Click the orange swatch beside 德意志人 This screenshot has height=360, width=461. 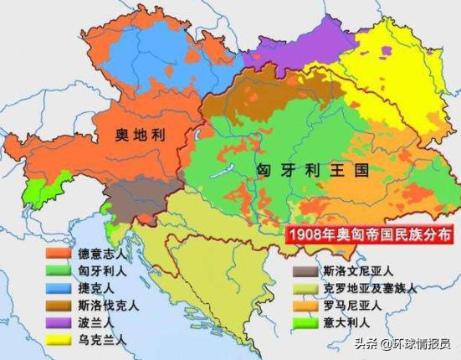point(57,253)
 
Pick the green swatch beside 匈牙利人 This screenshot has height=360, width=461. point(57,270)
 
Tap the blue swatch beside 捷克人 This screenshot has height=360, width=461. point(57,286)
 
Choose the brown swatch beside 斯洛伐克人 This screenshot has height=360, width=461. point(57,303)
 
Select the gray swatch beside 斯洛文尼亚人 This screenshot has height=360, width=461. point(302,271)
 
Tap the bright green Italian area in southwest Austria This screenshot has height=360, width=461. point(38,193)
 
